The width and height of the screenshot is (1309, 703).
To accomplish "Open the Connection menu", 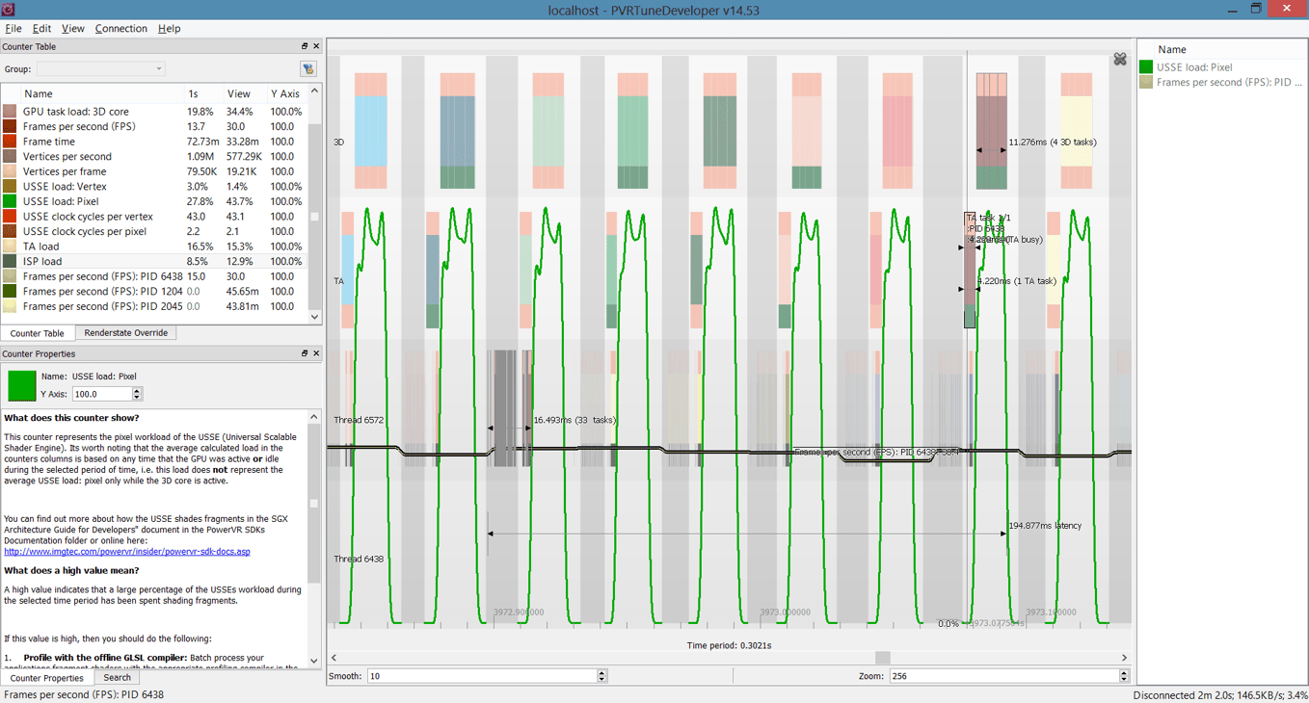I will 120,29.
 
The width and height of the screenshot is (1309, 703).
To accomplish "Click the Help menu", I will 169,29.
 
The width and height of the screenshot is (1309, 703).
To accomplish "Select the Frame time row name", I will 49,142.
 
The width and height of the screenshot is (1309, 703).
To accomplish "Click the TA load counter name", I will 41,247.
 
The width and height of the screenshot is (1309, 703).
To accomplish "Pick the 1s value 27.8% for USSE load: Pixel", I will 200,201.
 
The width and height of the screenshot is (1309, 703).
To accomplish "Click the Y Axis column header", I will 285,94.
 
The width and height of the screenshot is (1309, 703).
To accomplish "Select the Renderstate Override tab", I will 125,333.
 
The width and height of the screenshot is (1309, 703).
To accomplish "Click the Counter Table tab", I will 38,333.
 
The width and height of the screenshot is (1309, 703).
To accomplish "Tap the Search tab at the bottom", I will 117,678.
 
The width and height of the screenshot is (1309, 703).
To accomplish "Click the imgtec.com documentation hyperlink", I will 127,552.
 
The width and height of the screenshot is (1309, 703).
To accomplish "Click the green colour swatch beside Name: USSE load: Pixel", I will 21,386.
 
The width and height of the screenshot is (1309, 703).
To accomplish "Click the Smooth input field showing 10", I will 481,676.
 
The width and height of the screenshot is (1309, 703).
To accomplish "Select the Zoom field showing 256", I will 1002,676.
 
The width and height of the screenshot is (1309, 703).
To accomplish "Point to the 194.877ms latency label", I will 1045,526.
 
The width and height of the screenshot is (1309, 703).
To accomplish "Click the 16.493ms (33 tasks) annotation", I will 574,421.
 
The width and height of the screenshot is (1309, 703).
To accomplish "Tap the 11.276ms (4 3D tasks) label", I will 1052,143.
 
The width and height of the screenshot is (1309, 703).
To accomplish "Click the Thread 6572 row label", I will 359,421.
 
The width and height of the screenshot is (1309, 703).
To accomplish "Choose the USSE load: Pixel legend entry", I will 1194,67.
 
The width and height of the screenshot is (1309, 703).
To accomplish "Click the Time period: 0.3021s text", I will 729,645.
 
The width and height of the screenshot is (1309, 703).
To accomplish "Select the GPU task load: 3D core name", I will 76,112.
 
